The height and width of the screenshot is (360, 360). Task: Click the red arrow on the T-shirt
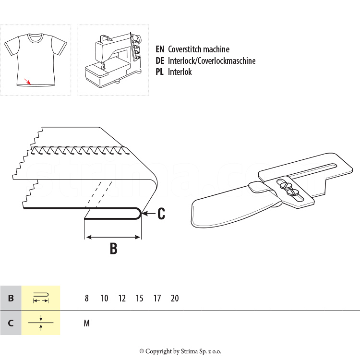pyautogui.click(x=27, y=81)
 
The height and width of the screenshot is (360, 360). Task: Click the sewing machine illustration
pyautogui.click(x=113, y=60)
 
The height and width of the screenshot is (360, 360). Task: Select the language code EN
pyautogui.click(x=160, y=49)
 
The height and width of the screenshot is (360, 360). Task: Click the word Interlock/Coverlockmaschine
pyautogui.click(x=212, y=60)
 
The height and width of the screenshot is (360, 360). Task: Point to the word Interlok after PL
pyautogui.click(x=180, y=72)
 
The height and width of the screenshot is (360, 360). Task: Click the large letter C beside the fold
pyautogui.click(x=161, y=214)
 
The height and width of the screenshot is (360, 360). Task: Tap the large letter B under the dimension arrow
pyautogui.click(x=113, y=248)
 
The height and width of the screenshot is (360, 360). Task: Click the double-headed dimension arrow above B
pyautogui.click(x=112, y=237)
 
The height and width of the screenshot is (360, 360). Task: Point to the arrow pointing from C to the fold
pyautogui.click(x=148, y=214)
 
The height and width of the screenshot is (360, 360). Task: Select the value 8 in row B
pyautogui.click(x=86, y=298)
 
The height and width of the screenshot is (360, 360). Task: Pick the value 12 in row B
pyautogui.click(x=122, y=298)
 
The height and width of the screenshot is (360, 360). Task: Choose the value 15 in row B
pyautogui.click(x=139, y=298)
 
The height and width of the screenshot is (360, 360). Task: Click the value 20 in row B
pyautogui.click(x=175, y=298)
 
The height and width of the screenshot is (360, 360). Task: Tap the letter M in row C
pyautogui.click(x=86, y=323)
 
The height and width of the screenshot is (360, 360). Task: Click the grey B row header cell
pyautogui.click(x=11, y=298)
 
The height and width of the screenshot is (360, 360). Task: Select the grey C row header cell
pyautogui.click(x=11, y=323)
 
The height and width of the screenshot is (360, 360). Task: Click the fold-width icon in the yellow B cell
pyautogui.click(x=41, y=298)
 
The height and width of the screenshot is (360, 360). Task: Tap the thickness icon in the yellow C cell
pyautogui.click(x=41, y=323)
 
